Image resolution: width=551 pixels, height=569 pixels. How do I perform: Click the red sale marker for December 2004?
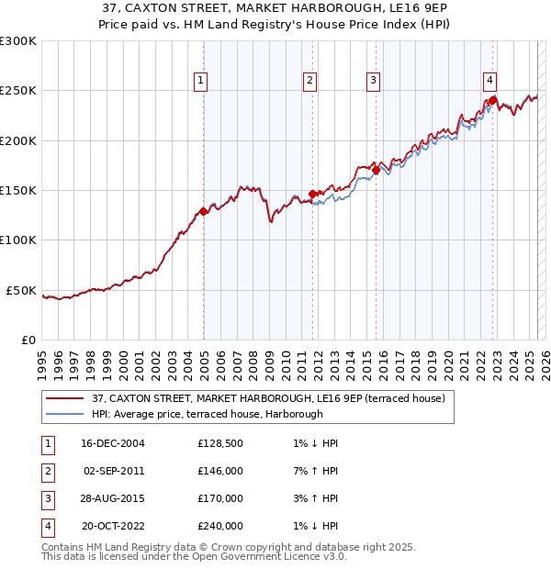tap(204, 212)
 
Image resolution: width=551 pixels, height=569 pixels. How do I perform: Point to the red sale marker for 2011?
tap(312, 194)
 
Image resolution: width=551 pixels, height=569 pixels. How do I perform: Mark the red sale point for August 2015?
tap(377, 170)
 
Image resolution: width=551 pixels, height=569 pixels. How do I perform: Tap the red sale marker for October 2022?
tap(493, 100)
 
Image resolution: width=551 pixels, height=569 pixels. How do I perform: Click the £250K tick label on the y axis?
tap(18, 91)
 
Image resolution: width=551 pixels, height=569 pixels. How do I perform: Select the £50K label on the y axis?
tap(21, 290)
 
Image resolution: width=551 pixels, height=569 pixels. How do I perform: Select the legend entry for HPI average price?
tap(207, 414)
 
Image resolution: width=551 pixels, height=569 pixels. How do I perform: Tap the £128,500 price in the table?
tap(220, 443)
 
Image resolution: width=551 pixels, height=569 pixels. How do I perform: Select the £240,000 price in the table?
tap(220, 526)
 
